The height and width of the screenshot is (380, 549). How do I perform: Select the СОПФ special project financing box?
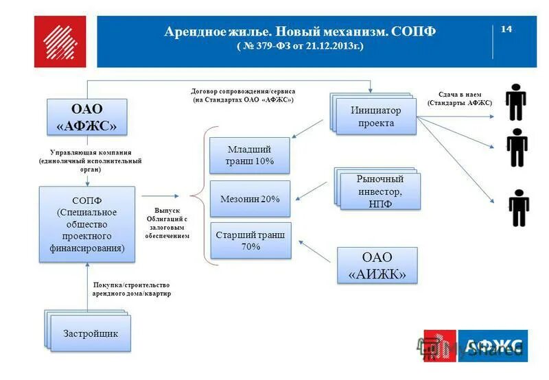pyautogui.click(x=87, y=223)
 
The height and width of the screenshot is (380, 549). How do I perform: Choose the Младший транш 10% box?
pyautogui.click(x=250, y=155)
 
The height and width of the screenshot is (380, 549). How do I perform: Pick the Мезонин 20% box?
pyautogui.click(x=250, y=199)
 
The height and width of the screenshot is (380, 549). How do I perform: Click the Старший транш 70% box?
pyautogui.click(x=250, y=240)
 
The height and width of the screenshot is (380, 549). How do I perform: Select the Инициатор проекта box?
pyautogui.click(x=376, y=116)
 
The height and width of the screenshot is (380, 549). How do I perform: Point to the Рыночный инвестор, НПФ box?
pyautogui.click(x=379, y=191)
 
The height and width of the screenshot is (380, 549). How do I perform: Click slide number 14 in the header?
pyautogui.click(x=507, y=29)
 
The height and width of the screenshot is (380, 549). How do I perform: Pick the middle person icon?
pyautogui.click(x=517, y=147)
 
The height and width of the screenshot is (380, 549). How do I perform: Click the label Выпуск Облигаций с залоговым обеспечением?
pyautogui.click(x=167, y=223)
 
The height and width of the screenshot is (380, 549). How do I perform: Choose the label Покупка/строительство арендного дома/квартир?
pyautogui.click(x=130, y=289)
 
